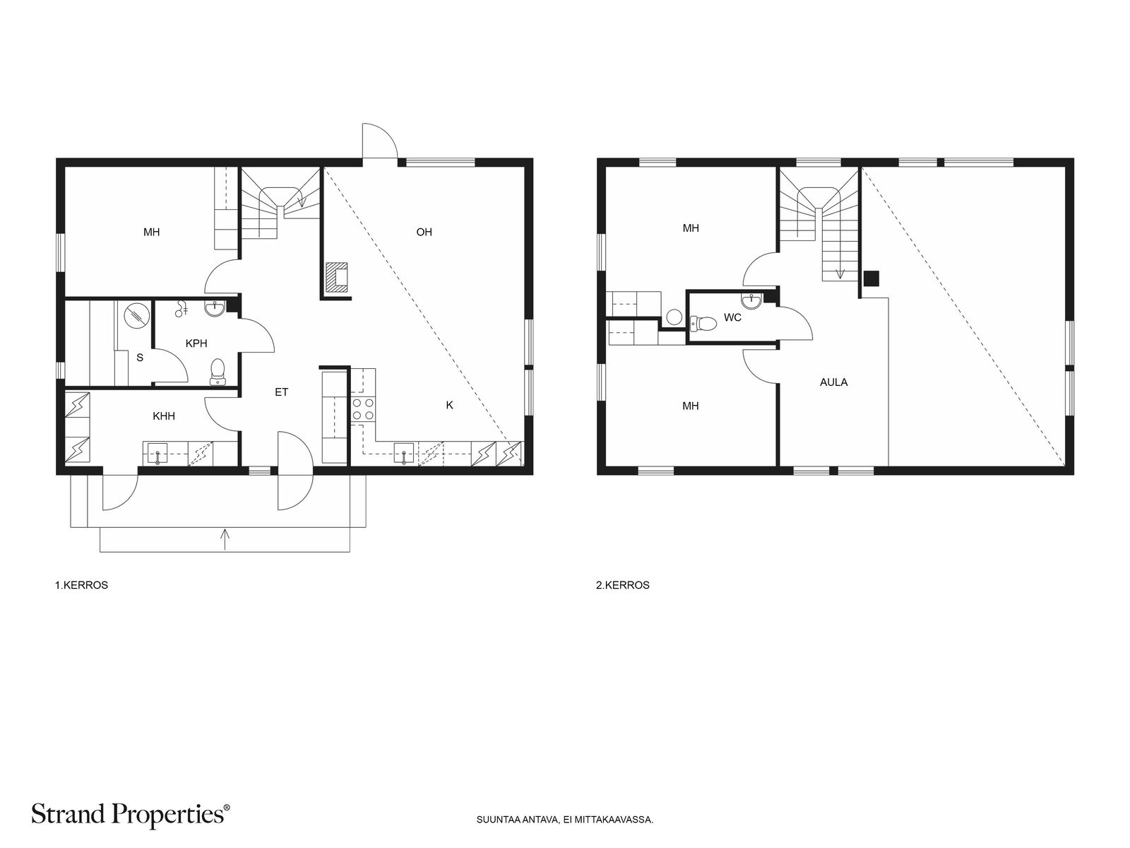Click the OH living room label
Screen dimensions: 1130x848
(424, 232)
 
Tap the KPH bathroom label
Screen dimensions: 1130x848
(196, 343)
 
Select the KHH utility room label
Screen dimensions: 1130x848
(164, 416)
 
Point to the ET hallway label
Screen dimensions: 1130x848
(281, 392)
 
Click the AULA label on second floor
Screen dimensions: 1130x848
(833, 382)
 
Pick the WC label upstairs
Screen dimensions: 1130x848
(732, 318)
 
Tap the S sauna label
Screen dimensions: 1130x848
(140, 358)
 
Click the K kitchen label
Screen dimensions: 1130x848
(449, 405)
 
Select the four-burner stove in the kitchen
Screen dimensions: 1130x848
(363, 410)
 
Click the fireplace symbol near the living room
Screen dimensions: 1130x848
(337, 278)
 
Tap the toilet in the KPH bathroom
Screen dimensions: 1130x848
(218, 372)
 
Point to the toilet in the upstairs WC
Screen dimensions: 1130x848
(703, 324)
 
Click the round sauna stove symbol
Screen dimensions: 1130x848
(137, 314)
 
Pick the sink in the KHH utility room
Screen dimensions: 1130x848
(156, 453)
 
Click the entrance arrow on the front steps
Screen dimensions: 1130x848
(225, 539)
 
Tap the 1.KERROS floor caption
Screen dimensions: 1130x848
(81, 585)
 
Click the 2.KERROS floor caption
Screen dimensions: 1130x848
(622, 585)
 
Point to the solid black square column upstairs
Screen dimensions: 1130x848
(871, 278)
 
